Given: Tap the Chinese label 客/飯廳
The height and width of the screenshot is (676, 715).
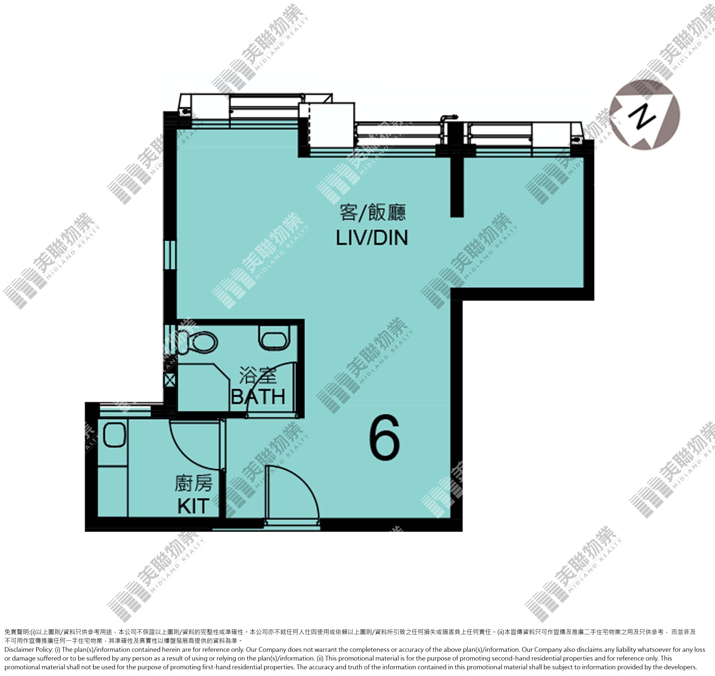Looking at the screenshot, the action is pyautogui.click(x=372, y=213).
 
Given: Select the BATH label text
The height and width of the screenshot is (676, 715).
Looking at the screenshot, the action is pyautogui.click(x=258, y=397).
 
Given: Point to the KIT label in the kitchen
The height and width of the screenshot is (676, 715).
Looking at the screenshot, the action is pyautogui.click(x=193, y=506).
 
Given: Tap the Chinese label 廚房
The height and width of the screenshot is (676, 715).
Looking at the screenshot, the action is pyautogui.click(x=193, y=483).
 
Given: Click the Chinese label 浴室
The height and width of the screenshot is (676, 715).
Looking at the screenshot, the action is pyautogui.click(x=258, y=376).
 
